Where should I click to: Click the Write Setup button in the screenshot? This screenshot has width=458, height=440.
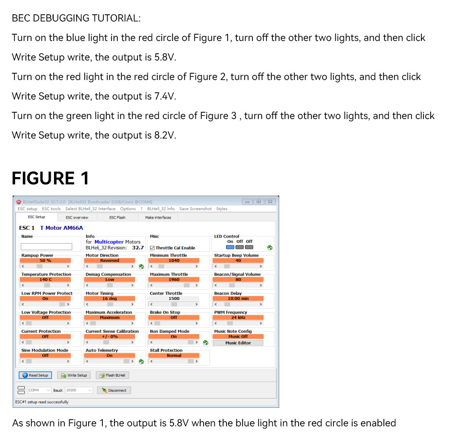[75, 375]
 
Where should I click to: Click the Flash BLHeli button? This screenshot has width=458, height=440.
[113, 375]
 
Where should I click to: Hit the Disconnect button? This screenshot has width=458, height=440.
[114, 390]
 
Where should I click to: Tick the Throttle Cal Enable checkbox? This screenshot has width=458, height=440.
[153, 248]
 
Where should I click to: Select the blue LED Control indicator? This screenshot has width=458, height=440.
[230, 247]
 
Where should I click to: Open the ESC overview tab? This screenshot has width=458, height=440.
[77, 218]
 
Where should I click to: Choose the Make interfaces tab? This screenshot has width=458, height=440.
[158, 218]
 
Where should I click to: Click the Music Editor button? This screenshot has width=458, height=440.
[238, 343]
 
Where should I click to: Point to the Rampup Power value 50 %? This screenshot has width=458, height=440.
[45, 260]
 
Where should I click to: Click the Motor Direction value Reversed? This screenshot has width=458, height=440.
[110, 260]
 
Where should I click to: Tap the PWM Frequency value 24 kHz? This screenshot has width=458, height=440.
[238, 318]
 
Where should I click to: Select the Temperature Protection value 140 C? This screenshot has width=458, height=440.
[45, 280]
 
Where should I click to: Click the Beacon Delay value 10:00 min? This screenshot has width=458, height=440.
[238, 299]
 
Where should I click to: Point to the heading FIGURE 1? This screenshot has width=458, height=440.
[50, 178]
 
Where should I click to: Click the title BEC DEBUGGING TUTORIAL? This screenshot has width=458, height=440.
[76, 18]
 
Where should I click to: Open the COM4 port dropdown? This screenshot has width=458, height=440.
[39, 390]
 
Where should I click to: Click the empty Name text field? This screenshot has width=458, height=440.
[46, 247]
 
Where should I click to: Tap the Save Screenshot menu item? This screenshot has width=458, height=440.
[195, 209]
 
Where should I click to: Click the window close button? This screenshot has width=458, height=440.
[269, 201]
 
